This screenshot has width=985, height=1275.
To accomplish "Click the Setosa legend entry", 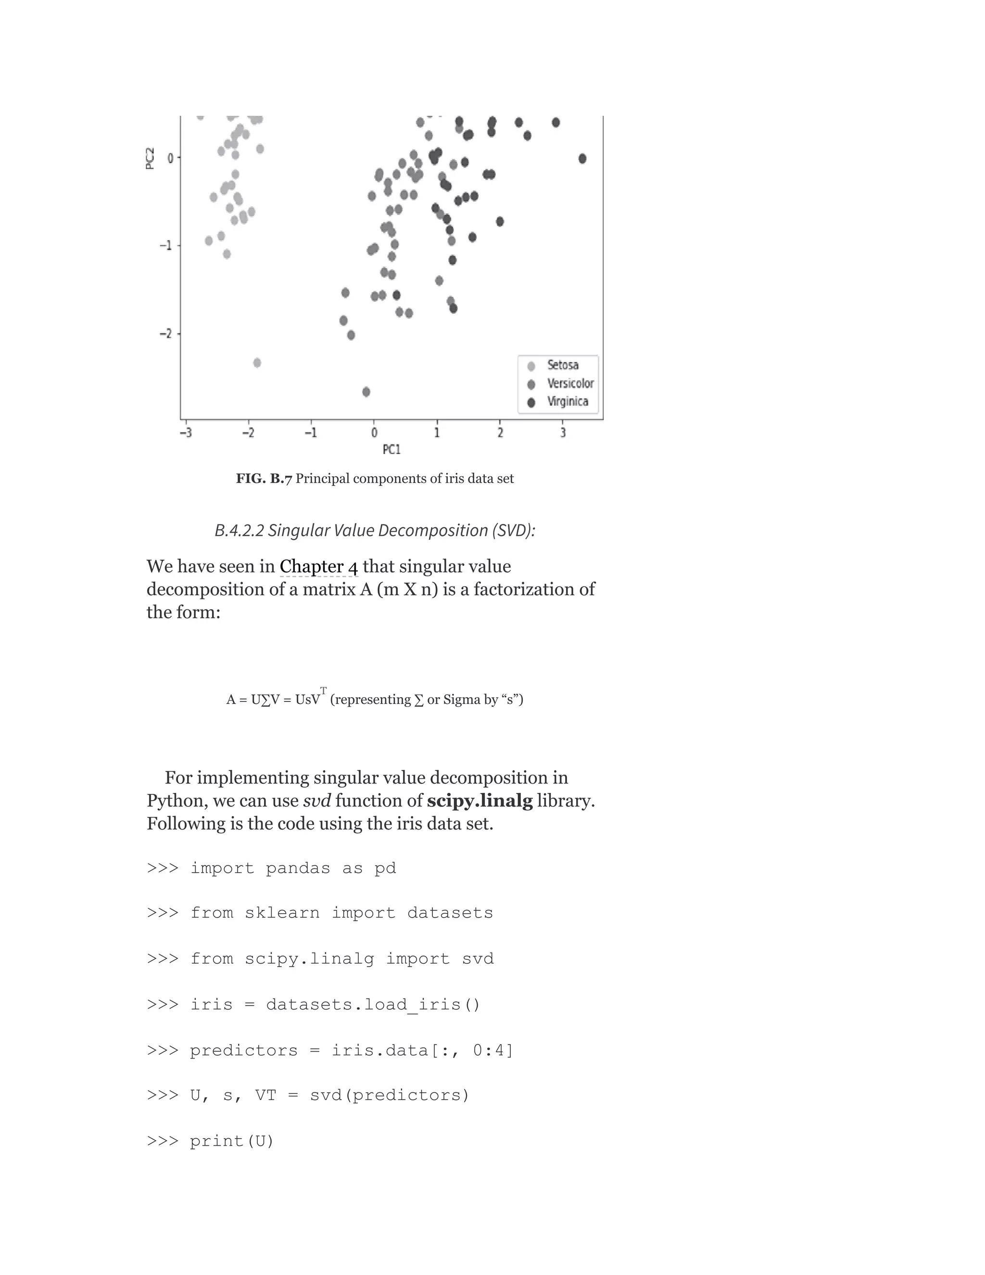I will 562,366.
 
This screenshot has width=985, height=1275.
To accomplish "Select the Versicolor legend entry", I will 569,383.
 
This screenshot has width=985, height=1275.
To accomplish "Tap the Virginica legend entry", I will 567,402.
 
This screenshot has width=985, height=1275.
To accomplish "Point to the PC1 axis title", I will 391,449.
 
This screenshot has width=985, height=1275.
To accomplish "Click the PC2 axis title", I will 150,158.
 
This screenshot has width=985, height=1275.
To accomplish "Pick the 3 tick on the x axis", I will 563,433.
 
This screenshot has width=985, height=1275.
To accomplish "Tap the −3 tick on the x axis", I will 186,433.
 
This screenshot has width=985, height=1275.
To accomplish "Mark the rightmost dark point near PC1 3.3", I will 582,159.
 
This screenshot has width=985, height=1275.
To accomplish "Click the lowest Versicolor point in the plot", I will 366,392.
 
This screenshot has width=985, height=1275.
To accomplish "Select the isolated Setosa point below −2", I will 257,363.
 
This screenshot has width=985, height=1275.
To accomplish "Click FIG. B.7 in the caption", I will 263,479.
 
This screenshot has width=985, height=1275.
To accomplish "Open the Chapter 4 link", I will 318,566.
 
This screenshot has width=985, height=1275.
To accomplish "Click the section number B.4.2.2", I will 239,530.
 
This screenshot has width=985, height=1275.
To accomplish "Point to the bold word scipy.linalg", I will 480,801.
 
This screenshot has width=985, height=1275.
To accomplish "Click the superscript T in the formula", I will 323,690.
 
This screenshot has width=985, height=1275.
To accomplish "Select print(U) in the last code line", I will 232,1141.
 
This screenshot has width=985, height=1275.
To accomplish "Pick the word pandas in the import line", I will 298,868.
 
